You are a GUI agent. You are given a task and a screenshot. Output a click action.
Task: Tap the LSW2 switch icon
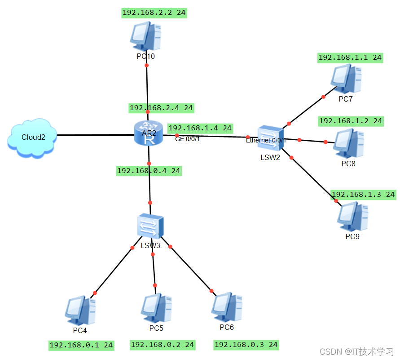[x=271, y=139]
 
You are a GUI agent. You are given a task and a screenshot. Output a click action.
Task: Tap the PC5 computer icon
[x=156, y=310]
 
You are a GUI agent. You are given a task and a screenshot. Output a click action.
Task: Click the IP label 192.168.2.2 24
[x=154, y=13]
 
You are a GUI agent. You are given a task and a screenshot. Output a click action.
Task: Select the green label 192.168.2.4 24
[x=161, y=108]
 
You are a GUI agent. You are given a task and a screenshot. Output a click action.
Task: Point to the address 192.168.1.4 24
[x=200, y=128]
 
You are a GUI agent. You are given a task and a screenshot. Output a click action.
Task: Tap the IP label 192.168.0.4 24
[x=149, y=171]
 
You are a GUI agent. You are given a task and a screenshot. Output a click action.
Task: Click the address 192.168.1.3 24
[x=363, y=195]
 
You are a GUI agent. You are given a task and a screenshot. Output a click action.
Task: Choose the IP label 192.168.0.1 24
[x=81, y=345]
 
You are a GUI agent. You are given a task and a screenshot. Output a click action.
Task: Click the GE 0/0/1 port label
[x=187, y=138]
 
